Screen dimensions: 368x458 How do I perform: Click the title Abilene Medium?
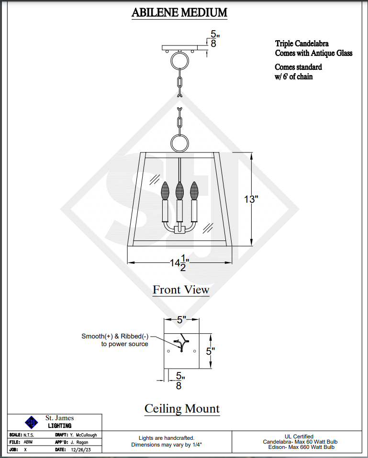179,12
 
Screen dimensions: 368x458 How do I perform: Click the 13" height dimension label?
251,199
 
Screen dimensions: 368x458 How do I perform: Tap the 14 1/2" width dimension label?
180,263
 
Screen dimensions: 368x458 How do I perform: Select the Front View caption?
181,290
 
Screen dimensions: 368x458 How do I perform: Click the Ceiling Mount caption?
182,408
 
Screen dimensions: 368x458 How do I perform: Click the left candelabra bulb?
166,191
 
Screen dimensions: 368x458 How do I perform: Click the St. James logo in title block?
31,422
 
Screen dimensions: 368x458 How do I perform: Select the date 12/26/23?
81,450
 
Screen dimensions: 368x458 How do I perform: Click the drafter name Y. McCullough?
83,435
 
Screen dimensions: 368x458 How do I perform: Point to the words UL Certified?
299,436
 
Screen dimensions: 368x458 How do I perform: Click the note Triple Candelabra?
301,44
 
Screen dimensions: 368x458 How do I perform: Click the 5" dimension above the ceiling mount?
181,319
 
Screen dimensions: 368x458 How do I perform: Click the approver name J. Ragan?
79,442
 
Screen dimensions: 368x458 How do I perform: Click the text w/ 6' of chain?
294,76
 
